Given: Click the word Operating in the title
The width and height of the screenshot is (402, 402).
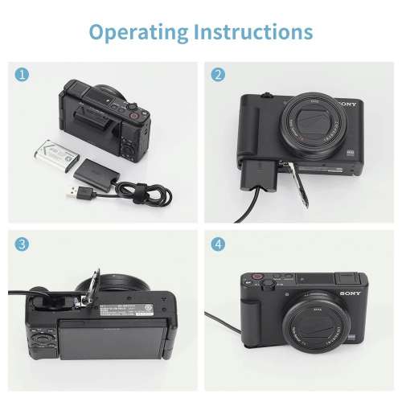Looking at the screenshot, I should [137, 32].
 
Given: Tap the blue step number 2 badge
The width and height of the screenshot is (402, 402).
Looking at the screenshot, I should [218, 75].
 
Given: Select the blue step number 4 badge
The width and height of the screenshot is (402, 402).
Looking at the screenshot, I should [218, 243].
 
